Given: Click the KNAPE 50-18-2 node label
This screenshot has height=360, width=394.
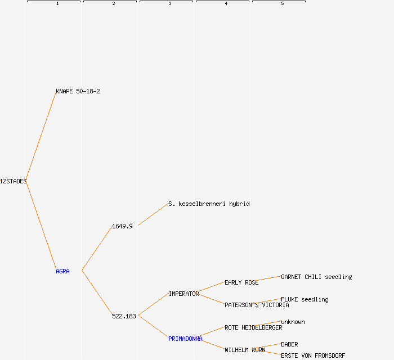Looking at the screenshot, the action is (78, 91).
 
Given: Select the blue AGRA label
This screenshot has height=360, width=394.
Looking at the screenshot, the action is (62, 271).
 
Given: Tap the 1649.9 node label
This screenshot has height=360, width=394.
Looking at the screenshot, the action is (122, 226).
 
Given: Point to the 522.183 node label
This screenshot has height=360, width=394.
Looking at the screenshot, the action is (124, 316).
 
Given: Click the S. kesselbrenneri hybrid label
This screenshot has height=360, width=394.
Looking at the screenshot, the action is (209, 204).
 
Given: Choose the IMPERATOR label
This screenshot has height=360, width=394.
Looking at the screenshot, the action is (183, 294).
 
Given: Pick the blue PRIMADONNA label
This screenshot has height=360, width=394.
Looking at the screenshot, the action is (185, 339).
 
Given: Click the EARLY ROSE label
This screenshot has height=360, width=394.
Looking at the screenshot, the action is (241, 282).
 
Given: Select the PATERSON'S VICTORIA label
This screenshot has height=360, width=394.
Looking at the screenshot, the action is (257, 305).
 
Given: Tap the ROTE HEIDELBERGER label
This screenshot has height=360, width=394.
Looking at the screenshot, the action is (253, 327).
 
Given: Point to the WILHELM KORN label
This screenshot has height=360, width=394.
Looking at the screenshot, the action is (245, 350).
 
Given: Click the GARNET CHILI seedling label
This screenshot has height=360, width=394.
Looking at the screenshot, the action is (316, 277).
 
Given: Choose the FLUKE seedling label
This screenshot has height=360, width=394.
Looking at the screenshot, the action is (305, 299).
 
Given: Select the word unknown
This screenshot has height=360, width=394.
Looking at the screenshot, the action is (293, 322).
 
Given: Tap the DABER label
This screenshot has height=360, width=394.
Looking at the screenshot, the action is (289, 344).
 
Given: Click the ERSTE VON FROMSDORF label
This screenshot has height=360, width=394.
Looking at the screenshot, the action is (313, 355).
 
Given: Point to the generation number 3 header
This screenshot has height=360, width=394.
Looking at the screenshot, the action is (170, 3).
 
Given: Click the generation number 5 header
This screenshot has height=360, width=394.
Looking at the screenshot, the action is (283, 3).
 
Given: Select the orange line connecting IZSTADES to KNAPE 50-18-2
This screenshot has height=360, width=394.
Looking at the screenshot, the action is (41, 136).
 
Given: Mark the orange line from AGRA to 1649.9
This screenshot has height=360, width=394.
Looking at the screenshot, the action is (97, 248).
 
